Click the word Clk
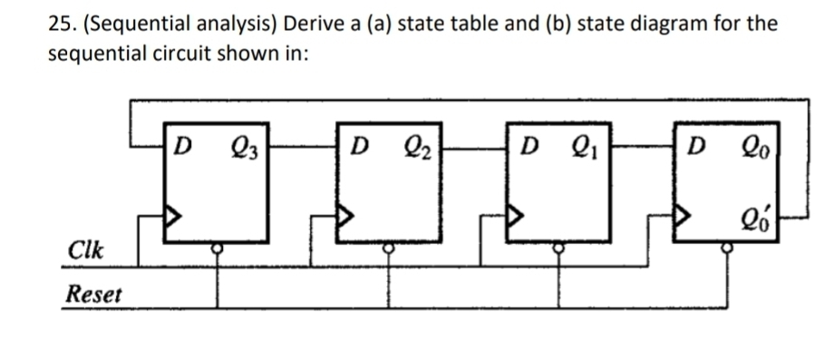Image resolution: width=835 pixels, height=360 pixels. click(83, 248)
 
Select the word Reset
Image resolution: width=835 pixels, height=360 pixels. click(94, 295)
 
